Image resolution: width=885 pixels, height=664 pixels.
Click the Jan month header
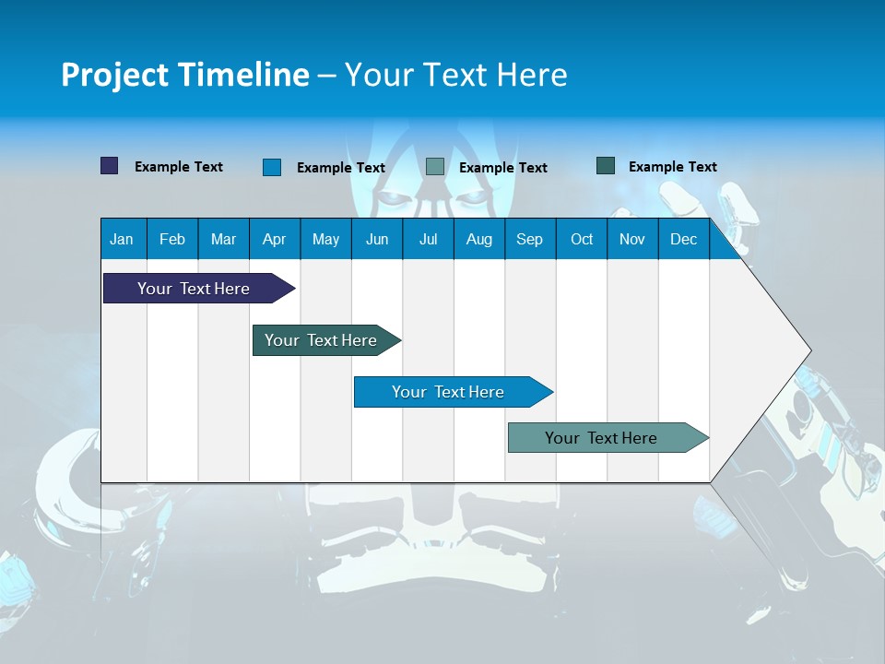point(122,239)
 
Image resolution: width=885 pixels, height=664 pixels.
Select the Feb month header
point(172,239)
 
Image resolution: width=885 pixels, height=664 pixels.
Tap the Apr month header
point(274,239)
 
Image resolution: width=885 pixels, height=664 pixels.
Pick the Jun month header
point(377,239)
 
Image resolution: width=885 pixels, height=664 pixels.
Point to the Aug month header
point(478,239)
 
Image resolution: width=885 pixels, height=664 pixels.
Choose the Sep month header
point(529,239)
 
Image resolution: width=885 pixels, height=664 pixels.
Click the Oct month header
point(582,239)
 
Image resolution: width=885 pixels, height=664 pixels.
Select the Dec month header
point(683,239)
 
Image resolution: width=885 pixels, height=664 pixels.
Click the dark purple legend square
point(110,166)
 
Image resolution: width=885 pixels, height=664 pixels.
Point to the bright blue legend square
point(272,167)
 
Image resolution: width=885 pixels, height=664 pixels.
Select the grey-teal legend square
point(435,167)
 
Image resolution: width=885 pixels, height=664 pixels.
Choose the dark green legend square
point(606,166)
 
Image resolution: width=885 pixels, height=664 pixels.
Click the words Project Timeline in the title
point(185,75)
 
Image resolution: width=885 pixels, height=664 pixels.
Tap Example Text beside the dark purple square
point(179,167)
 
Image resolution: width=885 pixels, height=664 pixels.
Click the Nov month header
point(632,239)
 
